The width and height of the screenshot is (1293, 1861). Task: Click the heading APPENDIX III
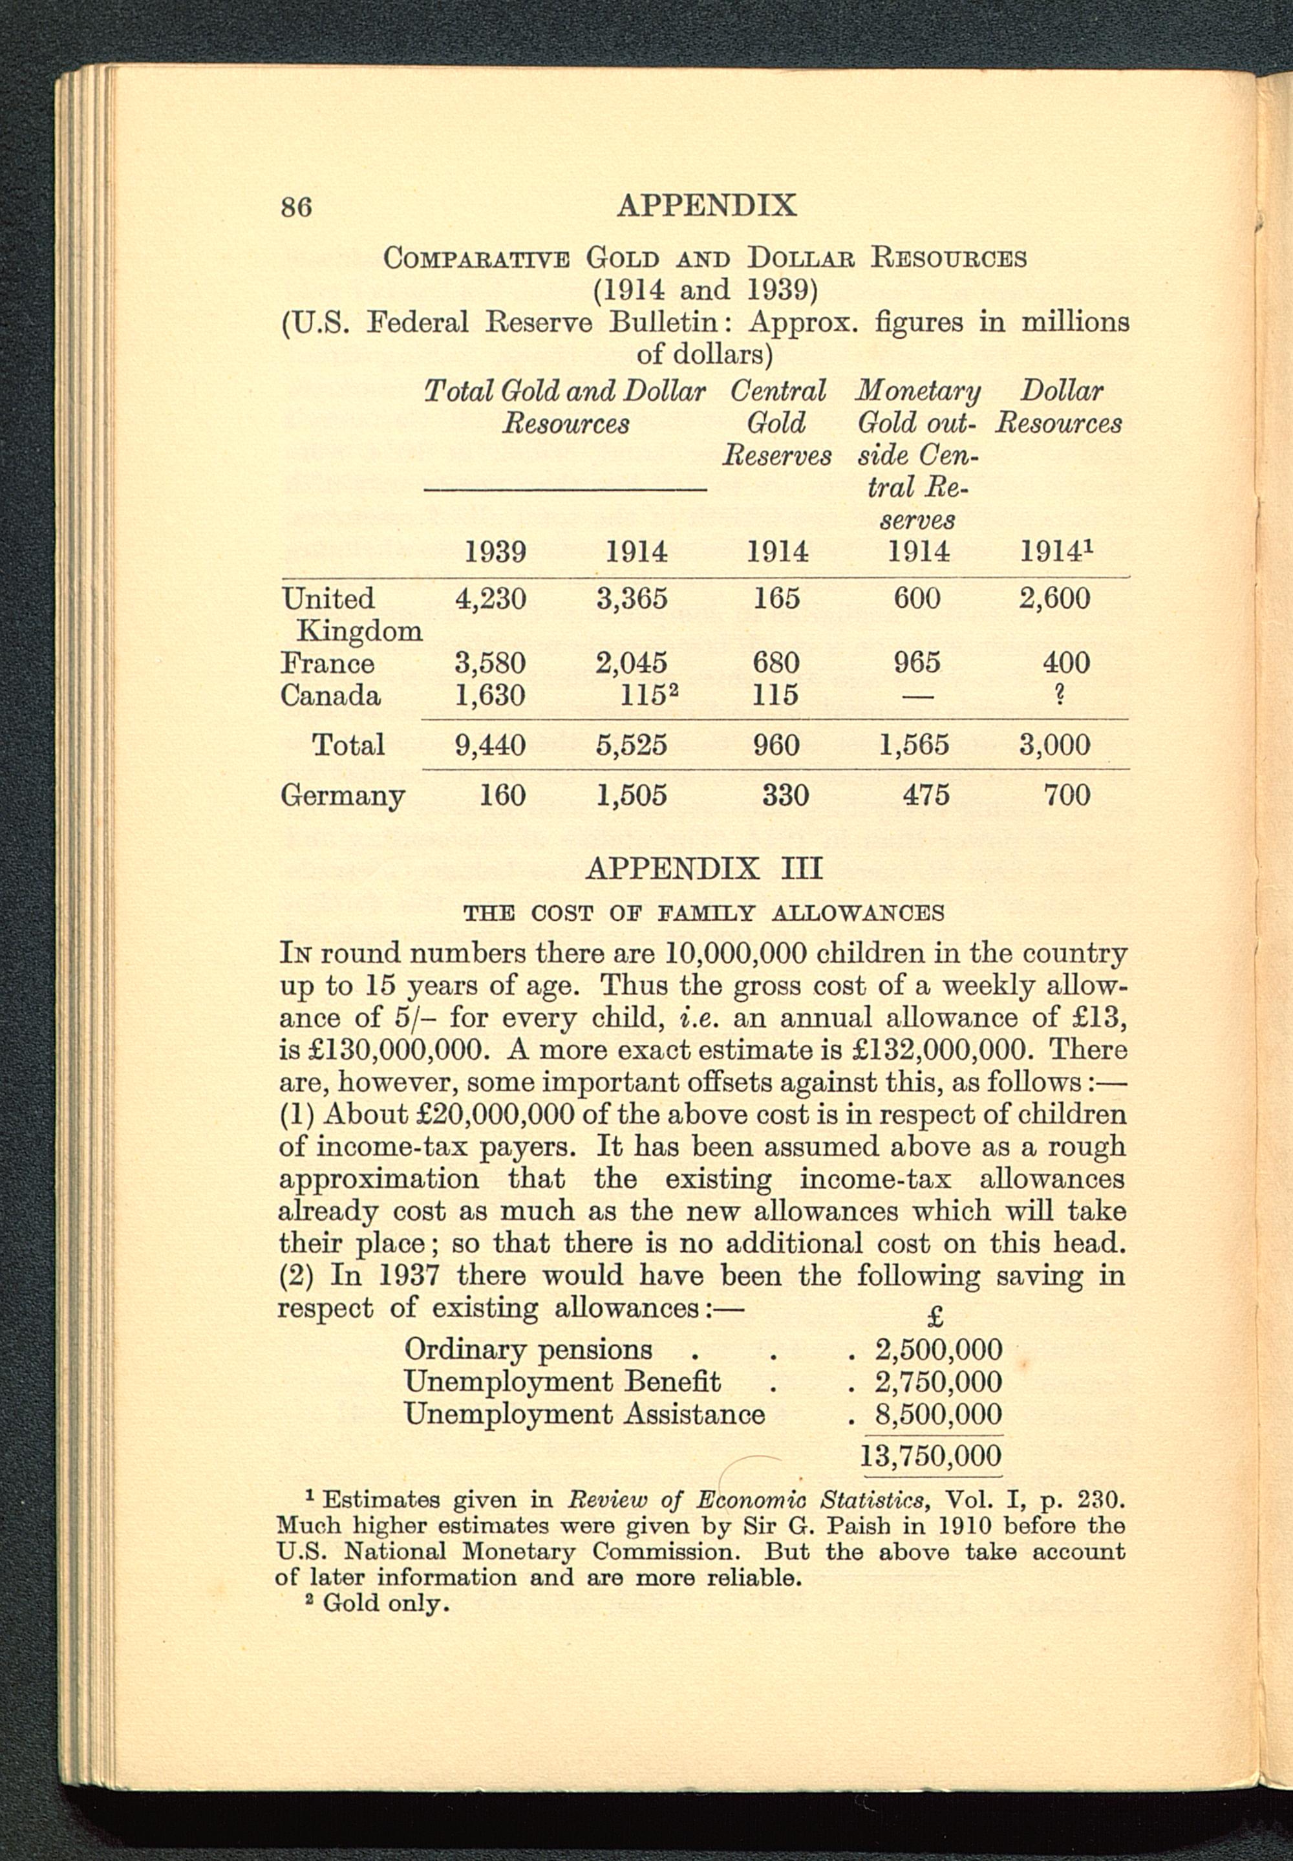tap(703, 868)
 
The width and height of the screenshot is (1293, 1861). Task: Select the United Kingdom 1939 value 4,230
tap(490, 599)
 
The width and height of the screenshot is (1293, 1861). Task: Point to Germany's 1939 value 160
tap(502, 795)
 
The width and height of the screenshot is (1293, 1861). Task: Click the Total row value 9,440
tap(490, 744)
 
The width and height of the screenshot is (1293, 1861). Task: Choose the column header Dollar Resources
tap(1060, 407)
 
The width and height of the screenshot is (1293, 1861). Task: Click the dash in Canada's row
tap(918, 696)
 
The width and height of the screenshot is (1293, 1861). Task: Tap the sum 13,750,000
tap(930, 1456)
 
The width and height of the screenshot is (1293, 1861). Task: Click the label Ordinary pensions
tap(528, 1349)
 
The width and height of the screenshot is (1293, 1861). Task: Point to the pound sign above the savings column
tap(935, 1317)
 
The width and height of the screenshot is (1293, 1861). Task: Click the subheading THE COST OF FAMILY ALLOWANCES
tap(703, 913)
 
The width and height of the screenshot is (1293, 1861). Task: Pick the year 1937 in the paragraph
tap(409, 1276)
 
